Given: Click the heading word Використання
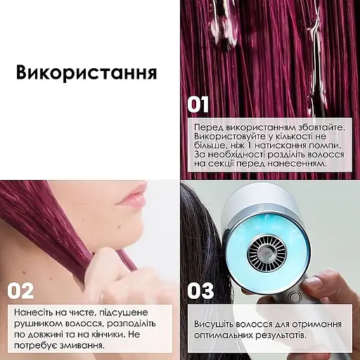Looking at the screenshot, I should (86, 74).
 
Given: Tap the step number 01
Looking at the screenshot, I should (198, 105).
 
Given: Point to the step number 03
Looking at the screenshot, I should (200, 291).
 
